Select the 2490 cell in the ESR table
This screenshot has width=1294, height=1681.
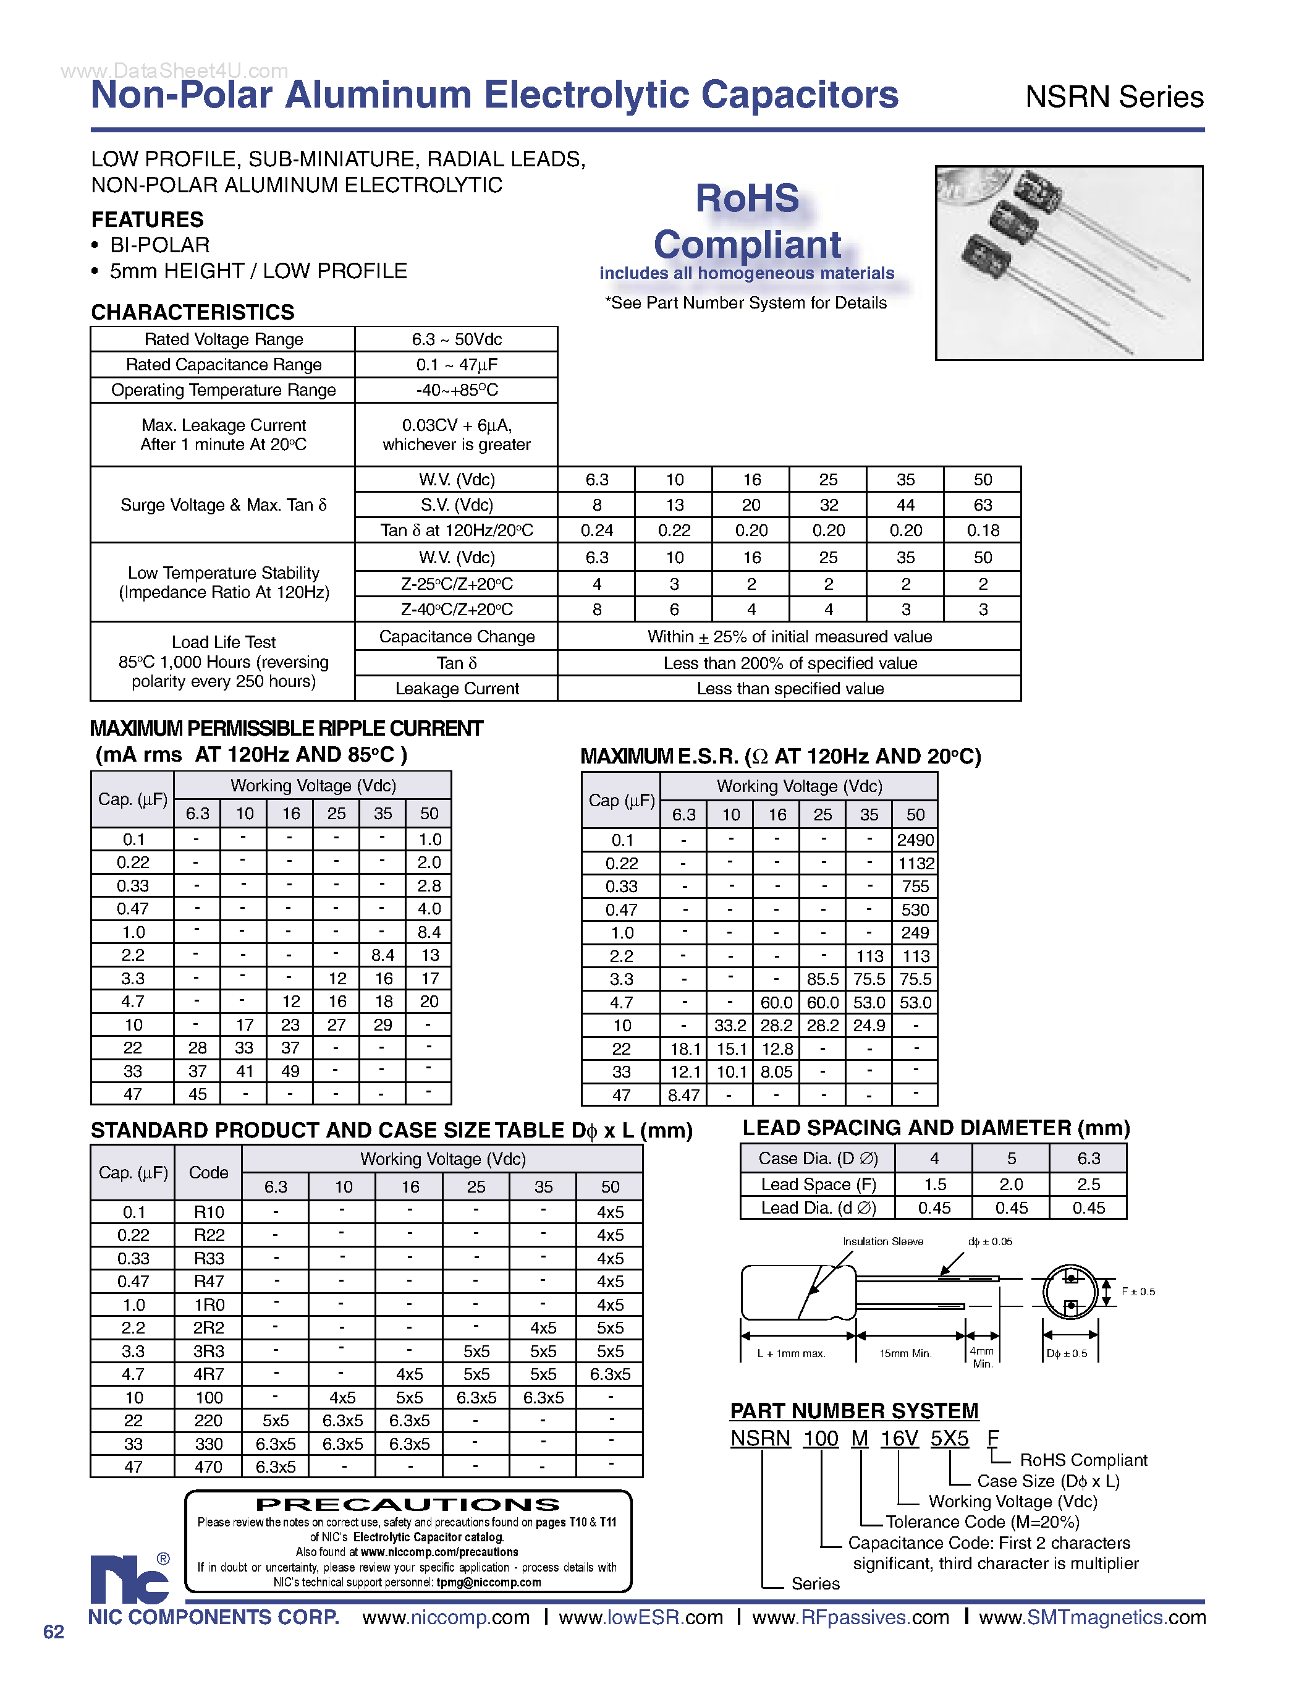[x=915, y=840]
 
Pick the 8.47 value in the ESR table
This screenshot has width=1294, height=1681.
[x=683, y=1096]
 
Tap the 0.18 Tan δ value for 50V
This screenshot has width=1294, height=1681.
[x=983, y=530]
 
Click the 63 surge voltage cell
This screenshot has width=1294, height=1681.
[x=983, y=505]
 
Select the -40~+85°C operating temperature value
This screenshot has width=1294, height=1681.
[x=456, y=390]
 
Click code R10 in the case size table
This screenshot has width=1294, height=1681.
[x=208, y=1212]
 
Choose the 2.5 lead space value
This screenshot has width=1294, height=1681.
[x=1088, y=1185]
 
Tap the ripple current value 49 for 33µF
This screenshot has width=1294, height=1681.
[x=290, y=1071]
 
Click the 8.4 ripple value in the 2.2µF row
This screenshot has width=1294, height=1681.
[x=383, y=955]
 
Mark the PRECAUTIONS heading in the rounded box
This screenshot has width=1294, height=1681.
[x=408, y=1504]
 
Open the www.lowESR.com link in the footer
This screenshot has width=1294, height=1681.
[x=641, y=1617]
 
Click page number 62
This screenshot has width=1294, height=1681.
[x=53, y=1632]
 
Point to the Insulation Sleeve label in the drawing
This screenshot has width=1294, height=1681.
[x=882, y=1241]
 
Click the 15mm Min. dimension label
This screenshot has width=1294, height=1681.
[x=905, y=1353]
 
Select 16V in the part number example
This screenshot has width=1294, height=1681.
[x=899, y=1438]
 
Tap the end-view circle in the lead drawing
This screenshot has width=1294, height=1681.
[x=1069, y=1292]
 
